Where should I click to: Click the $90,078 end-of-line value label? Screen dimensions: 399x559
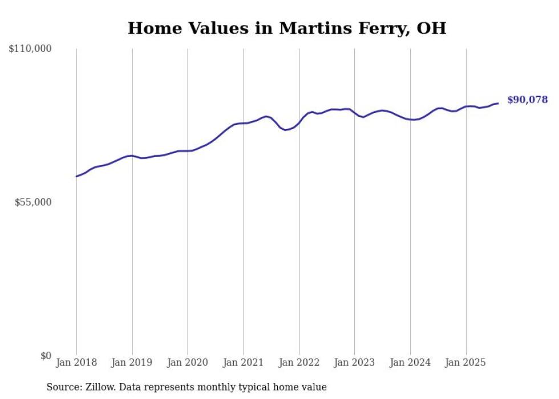[x=527, y=100]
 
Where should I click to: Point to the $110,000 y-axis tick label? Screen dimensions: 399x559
[x=30, y=49]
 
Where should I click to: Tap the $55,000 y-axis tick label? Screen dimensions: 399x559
[x=33, y=202]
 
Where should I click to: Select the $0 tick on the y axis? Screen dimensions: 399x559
[x=46, y=356]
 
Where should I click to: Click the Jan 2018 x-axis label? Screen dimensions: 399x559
[x=76, y=362]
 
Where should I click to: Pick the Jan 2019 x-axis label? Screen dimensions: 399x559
[x=132, y=362]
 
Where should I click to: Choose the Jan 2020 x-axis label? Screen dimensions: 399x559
[x=188, y=362]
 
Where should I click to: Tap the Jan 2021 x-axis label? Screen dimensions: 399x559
[x=244, y=362]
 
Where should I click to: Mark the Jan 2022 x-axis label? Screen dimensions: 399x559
[x=299, y=362]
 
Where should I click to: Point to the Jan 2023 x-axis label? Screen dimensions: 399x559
[x=354, y=362]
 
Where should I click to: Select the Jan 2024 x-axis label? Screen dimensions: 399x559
[x=410, y=362]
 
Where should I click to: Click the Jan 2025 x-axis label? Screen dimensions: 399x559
[x=465, y=362]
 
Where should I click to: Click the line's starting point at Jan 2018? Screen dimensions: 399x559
[x=76, y=176]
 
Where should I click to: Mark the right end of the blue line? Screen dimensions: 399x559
[x=498, y=103]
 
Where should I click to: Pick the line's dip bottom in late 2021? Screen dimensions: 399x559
[x=286, y=130]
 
